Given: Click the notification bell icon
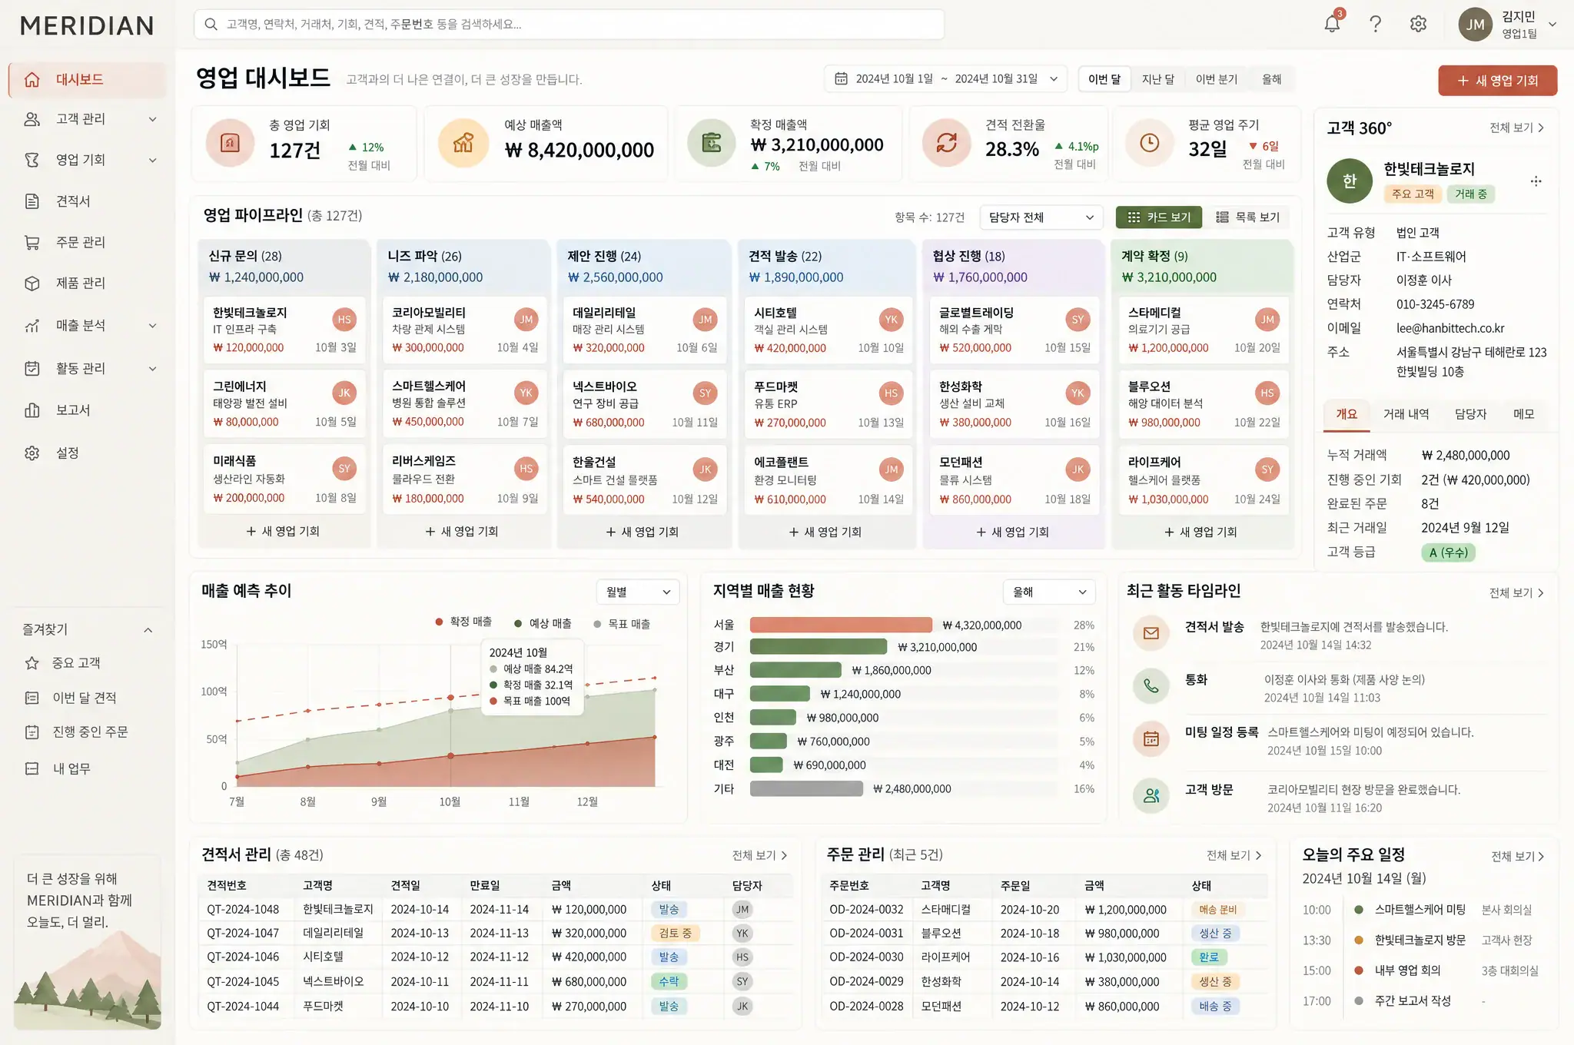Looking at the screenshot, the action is point(1332,24).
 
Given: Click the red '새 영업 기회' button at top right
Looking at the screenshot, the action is point(1497,81).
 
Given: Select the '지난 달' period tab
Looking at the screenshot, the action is point(1157,79).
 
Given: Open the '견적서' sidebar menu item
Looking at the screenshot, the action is point(73,201).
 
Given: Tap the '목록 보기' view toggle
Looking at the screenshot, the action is point(1247,217).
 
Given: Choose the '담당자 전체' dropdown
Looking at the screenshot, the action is point(1041,217).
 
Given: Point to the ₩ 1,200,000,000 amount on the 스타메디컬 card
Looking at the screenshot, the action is point(1168,348).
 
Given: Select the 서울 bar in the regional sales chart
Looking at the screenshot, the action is point(841,625).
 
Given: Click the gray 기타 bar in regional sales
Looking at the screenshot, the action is point(806,789).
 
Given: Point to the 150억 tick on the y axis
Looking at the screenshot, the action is point(214,645).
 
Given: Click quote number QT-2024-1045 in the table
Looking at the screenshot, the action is point(243,982).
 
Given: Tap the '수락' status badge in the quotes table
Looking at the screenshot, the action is point(669,982).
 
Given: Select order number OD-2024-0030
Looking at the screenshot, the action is point(866,957).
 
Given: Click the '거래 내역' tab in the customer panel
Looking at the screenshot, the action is point(1406,414).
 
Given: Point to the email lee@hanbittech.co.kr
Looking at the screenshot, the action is point(1450,328).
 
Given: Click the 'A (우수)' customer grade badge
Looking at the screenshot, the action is point(1448,552).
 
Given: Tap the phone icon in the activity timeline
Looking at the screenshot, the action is point(1151,685).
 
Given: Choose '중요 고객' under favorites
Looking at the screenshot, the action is point(76,663).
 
